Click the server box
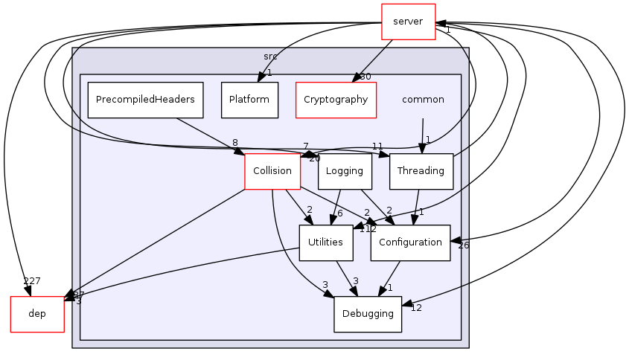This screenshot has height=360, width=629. (x=407, y=22)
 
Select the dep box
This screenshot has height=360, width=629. (x=36, y=314)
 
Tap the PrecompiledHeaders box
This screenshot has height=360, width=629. (x=145, y=100)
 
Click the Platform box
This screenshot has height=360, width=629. (x=249, y=100)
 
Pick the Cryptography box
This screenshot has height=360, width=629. (x=336, y=100)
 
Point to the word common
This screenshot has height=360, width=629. (x=423, y=100)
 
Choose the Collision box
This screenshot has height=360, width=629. (x=272, y=171)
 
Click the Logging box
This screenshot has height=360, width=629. (x=344, y=171)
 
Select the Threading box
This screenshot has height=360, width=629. (x=421, y=171)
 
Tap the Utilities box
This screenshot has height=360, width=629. (x=325, y=242)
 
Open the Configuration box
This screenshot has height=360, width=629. (x=410, y=242)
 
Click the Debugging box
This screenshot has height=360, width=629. (x=368, y=314)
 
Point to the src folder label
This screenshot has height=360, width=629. (x=270, y=57)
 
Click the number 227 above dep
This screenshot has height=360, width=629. (x=32, y=281)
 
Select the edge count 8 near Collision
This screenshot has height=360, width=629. (x=234, y=143)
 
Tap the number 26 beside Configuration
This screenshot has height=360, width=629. (x=463, y=245)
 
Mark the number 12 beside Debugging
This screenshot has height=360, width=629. (x=416, y=308)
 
